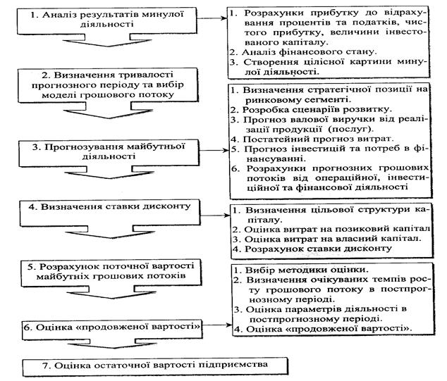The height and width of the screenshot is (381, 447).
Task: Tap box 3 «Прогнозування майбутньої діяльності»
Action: (97, 151)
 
